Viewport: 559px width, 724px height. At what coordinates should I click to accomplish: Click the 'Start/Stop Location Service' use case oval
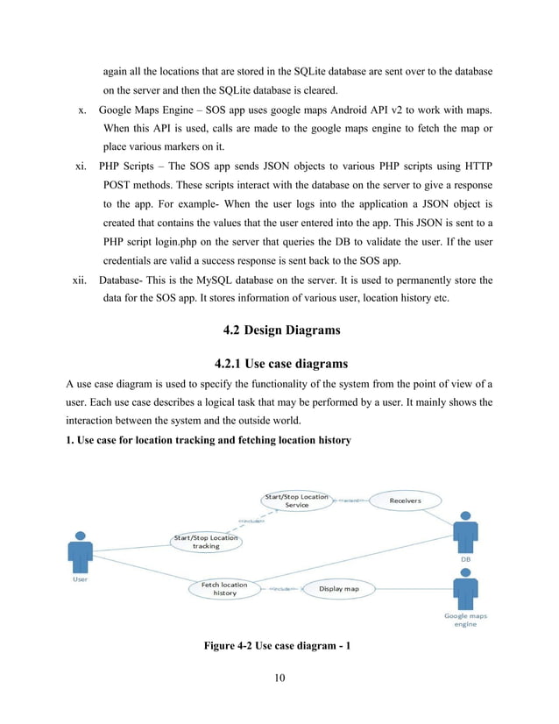click(x=297, y=500)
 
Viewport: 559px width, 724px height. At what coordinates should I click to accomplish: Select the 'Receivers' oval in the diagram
click(x=405, y=500)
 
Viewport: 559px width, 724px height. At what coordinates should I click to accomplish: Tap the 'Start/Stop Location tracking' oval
click(x=206, y=542)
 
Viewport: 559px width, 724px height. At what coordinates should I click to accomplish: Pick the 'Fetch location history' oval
click(x=225, y=588)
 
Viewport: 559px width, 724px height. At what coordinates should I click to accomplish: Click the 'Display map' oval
click(x=338, y=589)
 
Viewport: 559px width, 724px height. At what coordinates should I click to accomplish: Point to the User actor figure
click(x=80, y=551)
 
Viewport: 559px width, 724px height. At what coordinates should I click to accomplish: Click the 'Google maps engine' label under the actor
click(x=465, y=620)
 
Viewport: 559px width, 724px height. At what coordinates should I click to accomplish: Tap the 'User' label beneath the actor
click(x=80, y=578)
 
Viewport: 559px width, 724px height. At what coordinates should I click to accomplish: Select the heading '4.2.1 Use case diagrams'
click(x=279, y=363)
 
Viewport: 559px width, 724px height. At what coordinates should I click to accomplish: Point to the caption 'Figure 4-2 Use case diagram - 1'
click(x=279, y=647)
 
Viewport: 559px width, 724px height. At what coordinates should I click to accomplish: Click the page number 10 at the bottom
click(x=279, y=677)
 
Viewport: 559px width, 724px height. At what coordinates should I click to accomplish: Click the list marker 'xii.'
click(x=80, y=280)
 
